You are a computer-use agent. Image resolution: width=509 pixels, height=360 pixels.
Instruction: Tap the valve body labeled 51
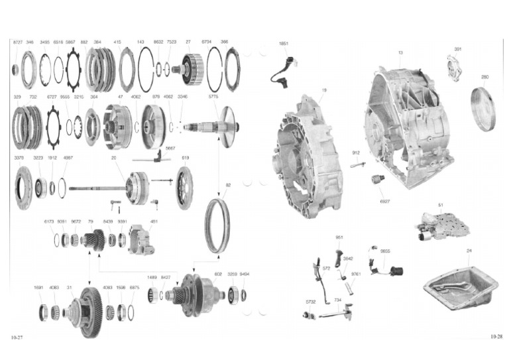pos(443,225)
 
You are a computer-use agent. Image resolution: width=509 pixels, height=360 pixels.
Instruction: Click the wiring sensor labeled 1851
pos(283,68)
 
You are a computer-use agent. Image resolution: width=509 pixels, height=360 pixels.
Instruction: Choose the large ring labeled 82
pos(217,225)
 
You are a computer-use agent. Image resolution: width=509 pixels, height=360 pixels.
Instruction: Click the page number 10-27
pos(17,338)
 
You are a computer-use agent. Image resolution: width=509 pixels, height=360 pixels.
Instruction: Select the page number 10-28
pos(496,337)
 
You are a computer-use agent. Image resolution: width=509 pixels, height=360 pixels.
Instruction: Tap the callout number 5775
pos(213,97)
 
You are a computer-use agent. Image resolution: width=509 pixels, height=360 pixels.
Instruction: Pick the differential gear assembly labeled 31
pos(87,312)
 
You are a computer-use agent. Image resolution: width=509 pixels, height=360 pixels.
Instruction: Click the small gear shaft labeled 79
pos(93,240)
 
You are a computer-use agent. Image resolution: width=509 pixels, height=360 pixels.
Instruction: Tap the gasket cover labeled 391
pos(455,68)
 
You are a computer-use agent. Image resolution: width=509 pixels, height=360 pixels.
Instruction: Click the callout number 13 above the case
pos(400,52)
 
